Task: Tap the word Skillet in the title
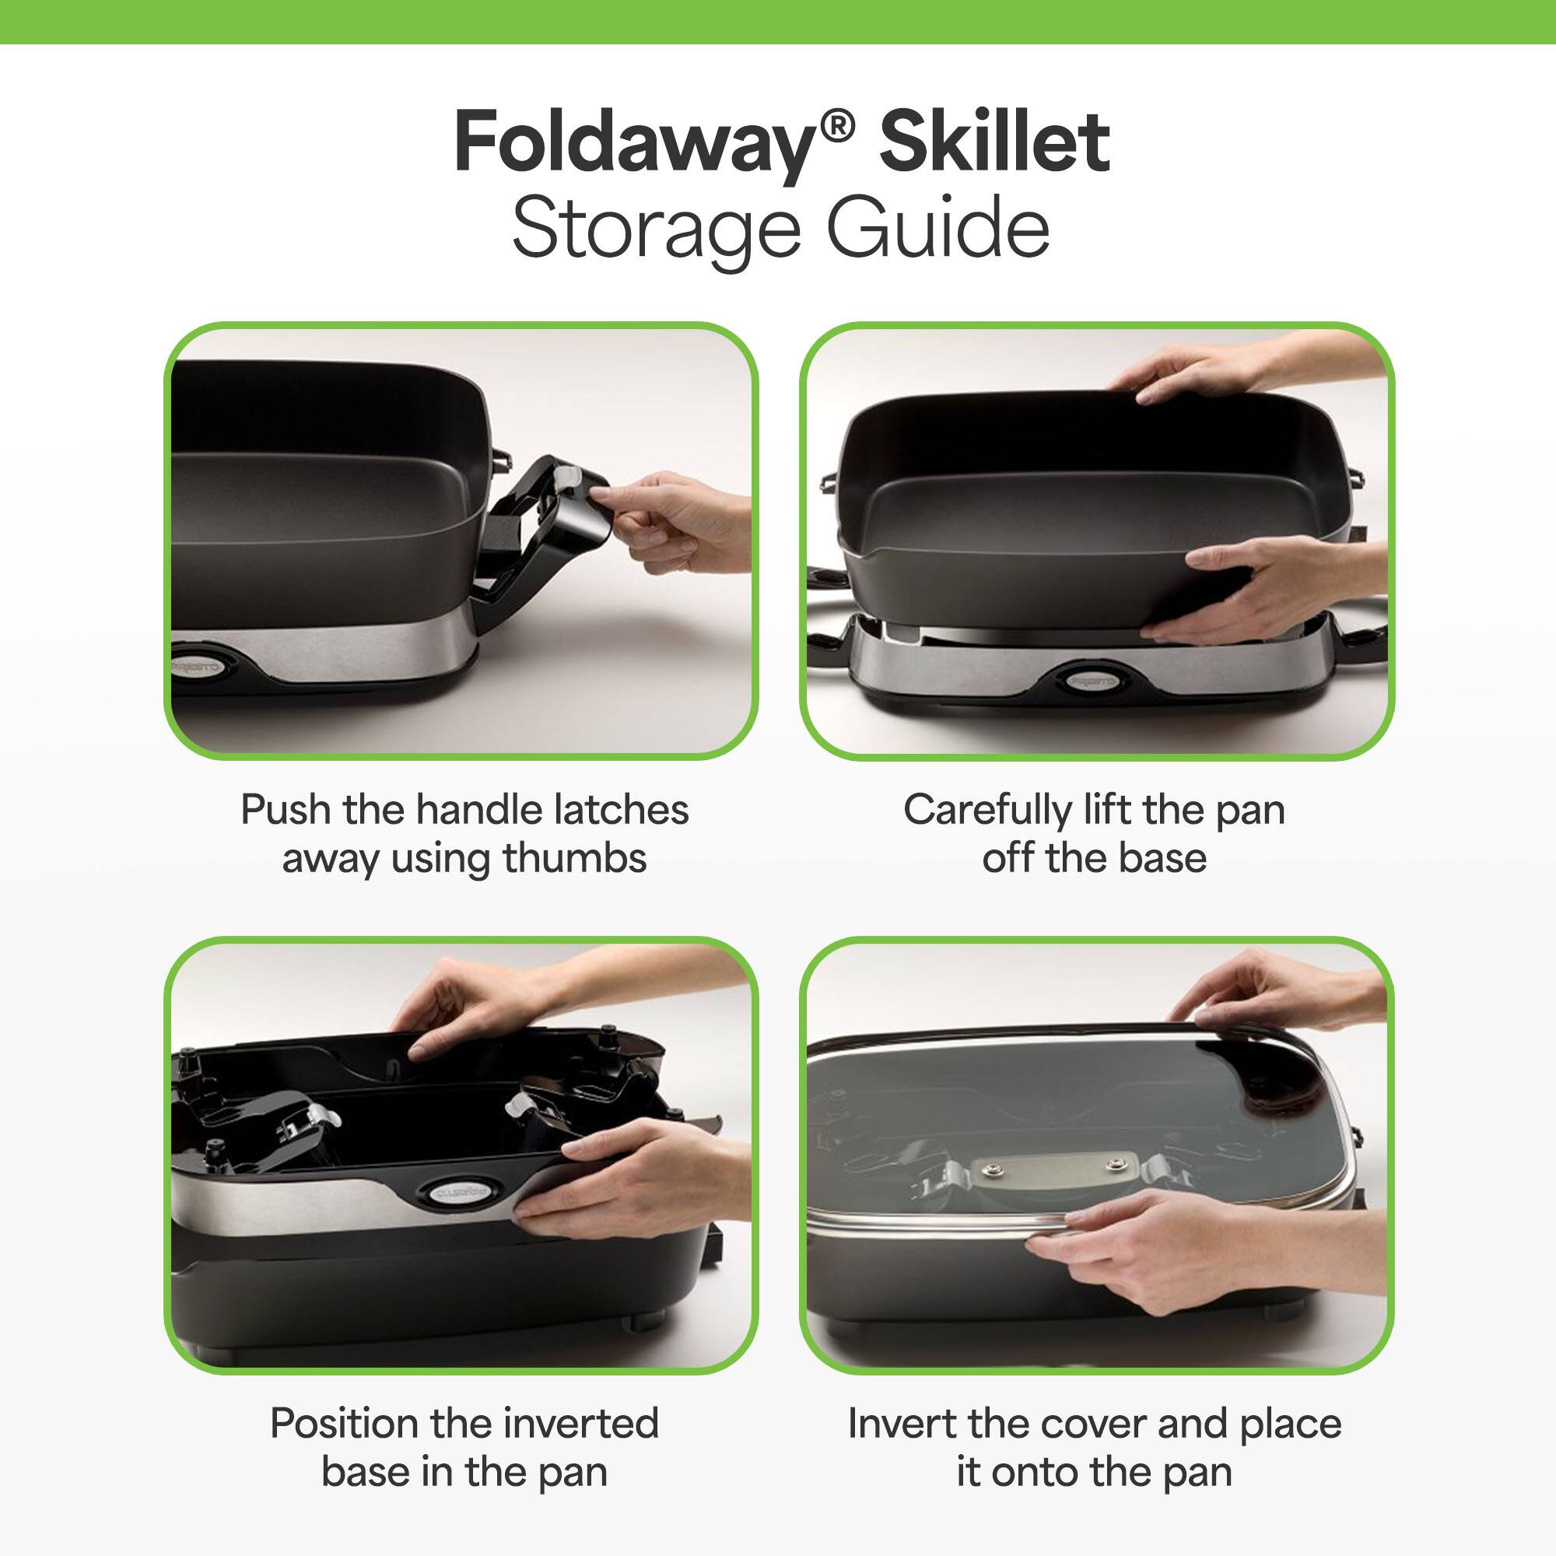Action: (x=994, y=143)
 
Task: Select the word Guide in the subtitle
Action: (x=938, y=230)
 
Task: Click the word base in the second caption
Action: (x=1162, y=859)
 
